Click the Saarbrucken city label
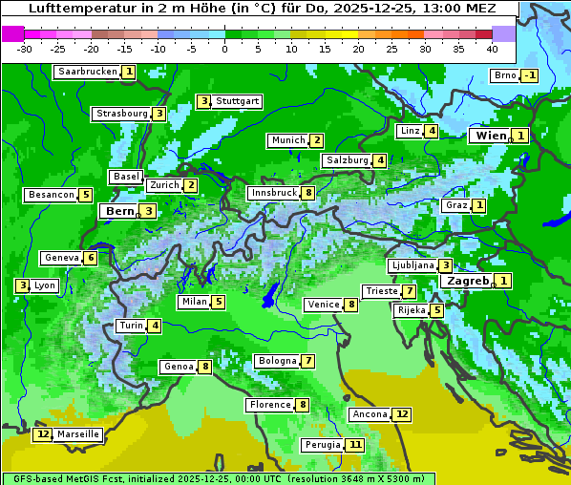[x=87, y=72]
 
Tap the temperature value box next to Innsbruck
[x=308, y=193]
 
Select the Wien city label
[x=491, y=137]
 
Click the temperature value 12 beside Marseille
[x=42, y=434]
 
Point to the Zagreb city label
[x=467, y=281]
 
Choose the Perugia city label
[x=321, y=445]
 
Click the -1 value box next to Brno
[x=530, y=76]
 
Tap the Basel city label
[x=125, y=177]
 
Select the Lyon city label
[x=45, y=285]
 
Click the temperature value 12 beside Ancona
[x=402, y=414]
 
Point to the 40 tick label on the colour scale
[x=492, y=48]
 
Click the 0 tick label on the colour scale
[x=224, y=48]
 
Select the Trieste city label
[x=380, y=291]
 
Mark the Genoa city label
[x=178, y=367]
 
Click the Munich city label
[x=287, y=140]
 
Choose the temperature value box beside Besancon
[x=85, y=195]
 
